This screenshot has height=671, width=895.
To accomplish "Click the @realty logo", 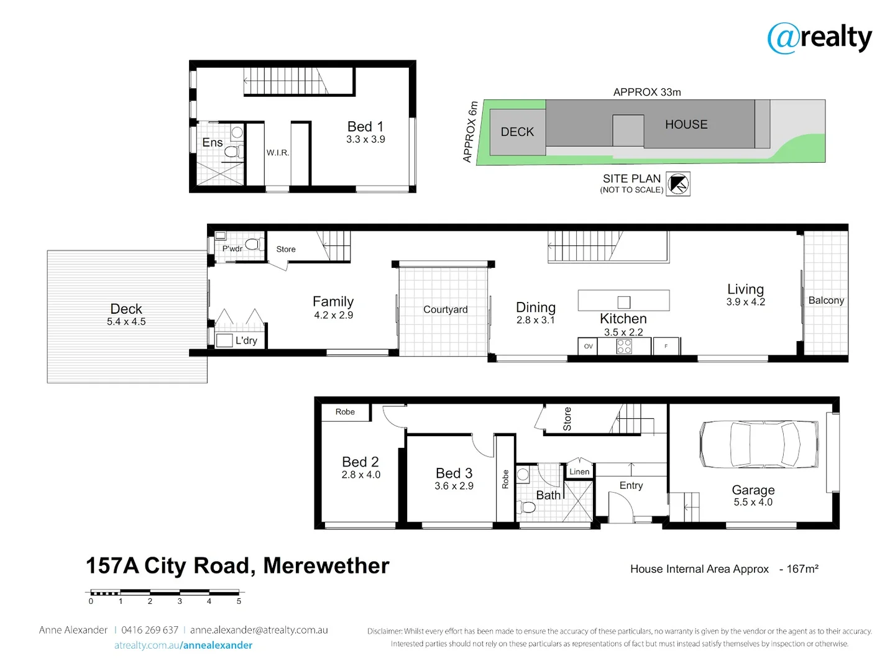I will (x=819, y=38).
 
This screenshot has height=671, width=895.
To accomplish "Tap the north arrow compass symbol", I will (x=678, y=184).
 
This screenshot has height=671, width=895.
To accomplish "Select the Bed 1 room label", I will (x=365, y=127).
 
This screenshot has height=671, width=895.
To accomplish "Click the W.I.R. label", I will (x=278, y=153).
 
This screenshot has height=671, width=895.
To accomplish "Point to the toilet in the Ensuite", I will (x=232, y=151).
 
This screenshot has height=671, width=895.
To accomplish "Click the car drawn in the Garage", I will (x=759, y=444).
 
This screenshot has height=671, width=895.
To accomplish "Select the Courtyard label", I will (x=445, y=309).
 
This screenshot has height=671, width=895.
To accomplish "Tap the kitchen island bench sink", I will (x=624, y=303).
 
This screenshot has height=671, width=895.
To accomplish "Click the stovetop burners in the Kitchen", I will (x=624, y=347).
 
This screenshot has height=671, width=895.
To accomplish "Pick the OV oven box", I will (x=588, y=347).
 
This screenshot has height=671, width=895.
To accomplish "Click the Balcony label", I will (x=826, y=300).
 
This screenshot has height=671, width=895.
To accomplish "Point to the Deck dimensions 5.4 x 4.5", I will (x=126, y=322).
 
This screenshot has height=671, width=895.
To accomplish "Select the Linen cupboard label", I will (x=579, y=472).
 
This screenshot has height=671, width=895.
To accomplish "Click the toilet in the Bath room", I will (x=527, y=507).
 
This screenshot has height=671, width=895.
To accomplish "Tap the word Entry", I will (x=631, y=485).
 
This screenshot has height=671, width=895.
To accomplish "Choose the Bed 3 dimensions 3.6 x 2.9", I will (x=454, y=486).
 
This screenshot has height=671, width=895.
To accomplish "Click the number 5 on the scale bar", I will (x=239, y=601).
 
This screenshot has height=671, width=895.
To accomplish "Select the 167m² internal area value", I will (x=802, y=568).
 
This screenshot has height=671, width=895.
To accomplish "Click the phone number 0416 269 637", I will (x=150, y=630).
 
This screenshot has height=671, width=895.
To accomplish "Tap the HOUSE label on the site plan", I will (x=686, y=124).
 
